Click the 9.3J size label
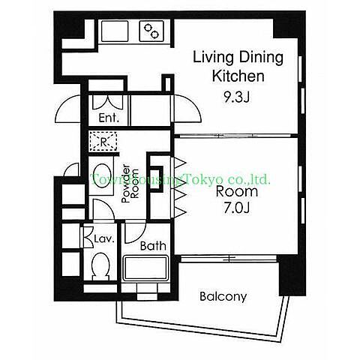[x=236, y=97]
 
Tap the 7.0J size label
[x=236, y=208]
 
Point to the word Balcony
[x=223, y=297]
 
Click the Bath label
[x=153, y=246]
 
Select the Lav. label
[x=104, y=239]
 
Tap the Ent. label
[x=109, y=118]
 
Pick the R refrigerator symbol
[x=103, y=142]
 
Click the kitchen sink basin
[x=115, y=31]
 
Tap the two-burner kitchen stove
[x=151, y=31]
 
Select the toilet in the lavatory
[x=100, y=266]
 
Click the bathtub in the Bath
[x=145, y=268]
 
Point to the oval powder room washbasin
[x=101, y=175]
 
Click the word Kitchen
[x=238, y=76]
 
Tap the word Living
[x=213, y=58]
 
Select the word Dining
[x=261, y=58]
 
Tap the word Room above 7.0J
[x=236, y=191]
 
